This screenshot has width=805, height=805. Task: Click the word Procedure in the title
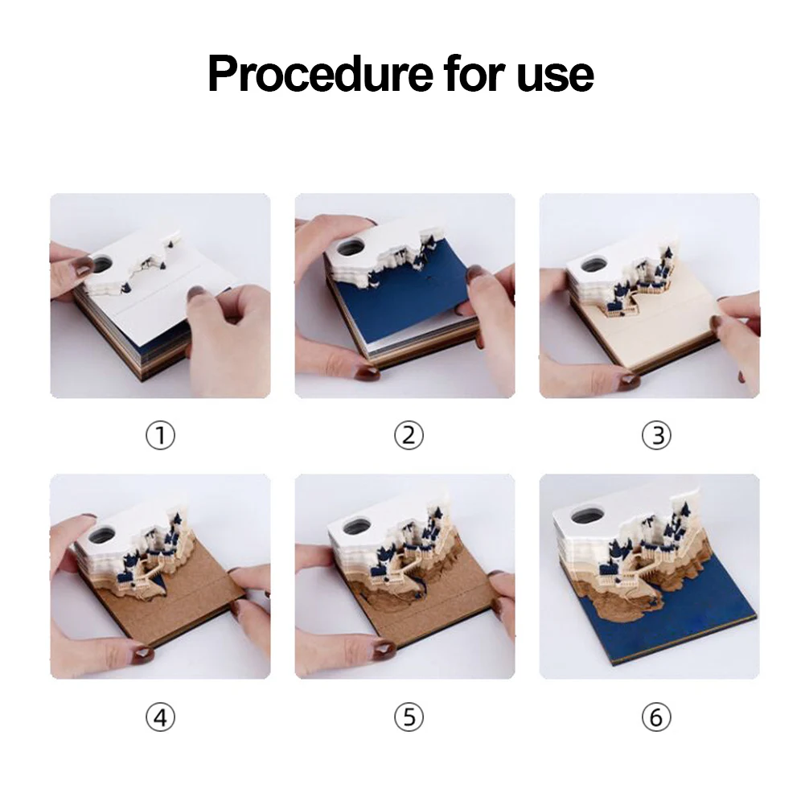pyautogui.click(x=320, y=75)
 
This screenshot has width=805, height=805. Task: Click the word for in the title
pyautogui.click(x=475, y=74)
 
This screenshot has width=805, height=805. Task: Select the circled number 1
pyautogui.click(x=160, y=435)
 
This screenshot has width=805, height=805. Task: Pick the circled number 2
pyautogui.click(x=409, y=435)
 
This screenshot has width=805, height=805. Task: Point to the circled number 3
pyautogui.click(x=657, y=435)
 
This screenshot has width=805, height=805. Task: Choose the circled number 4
pyautogui.click(x=160, y=717)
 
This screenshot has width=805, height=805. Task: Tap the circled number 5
pyautogui.click(x=409, y=717)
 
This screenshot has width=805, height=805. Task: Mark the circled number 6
pyautogui.click(x=657, y=717)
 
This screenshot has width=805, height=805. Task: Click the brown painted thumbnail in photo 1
pyautogui.click(x=82, y=267)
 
